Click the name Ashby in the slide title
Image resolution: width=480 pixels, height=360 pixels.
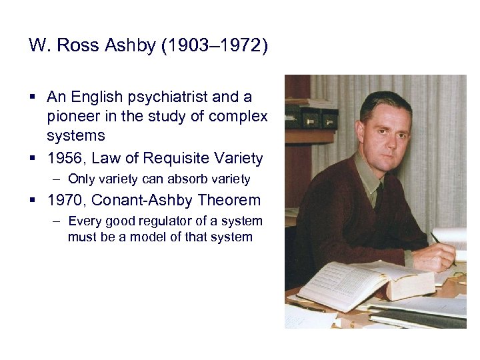tap(137, 47)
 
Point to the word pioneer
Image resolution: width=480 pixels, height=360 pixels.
tap(71, 116)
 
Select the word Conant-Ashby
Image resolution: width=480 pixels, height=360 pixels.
tap(141, 200)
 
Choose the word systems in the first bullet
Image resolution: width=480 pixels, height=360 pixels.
tap(76, 135)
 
